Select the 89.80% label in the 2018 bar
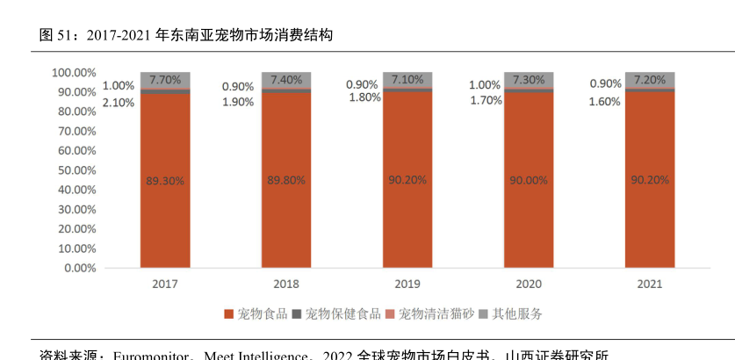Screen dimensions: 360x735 pos(286,180)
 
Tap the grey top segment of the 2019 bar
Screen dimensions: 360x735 pos(407,79)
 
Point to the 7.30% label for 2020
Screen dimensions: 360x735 pos(529,79)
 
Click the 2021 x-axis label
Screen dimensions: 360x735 pos(650,284)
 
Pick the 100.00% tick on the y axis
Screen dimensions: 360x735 pos(74,72)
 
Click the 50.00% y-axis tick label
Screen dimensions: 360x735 pos(77,169)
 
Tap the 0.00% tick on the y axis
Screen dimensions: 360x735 pos(80,268)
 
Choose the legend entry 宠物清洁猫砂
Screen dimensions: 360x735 pos(429,313)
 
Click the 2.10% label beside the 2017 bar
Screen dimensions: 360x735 pos(119,102)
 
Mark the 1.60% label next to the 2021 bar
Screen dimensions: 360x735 pos(604,101)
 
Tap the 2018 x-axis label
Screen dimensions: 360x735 pos(286,284)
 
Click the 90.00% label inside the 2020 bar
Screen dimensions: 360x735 pos(529,180)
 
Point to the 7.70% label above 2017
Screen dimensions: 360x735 pos(165,78)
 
